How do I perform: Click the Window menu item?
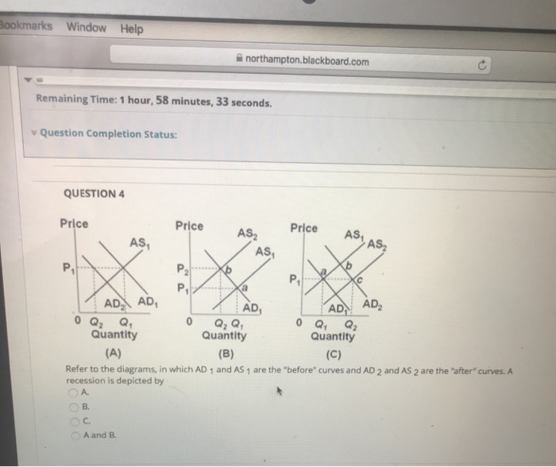[x=87, y=28]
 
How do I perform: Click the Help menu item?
[x=132, y=29]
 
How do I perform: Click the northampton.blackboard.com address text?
[x=307, y=61]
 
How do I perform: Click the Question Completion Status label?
[x=108, y=133]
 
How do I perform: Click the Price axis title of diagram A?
[x=75, y=224]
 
